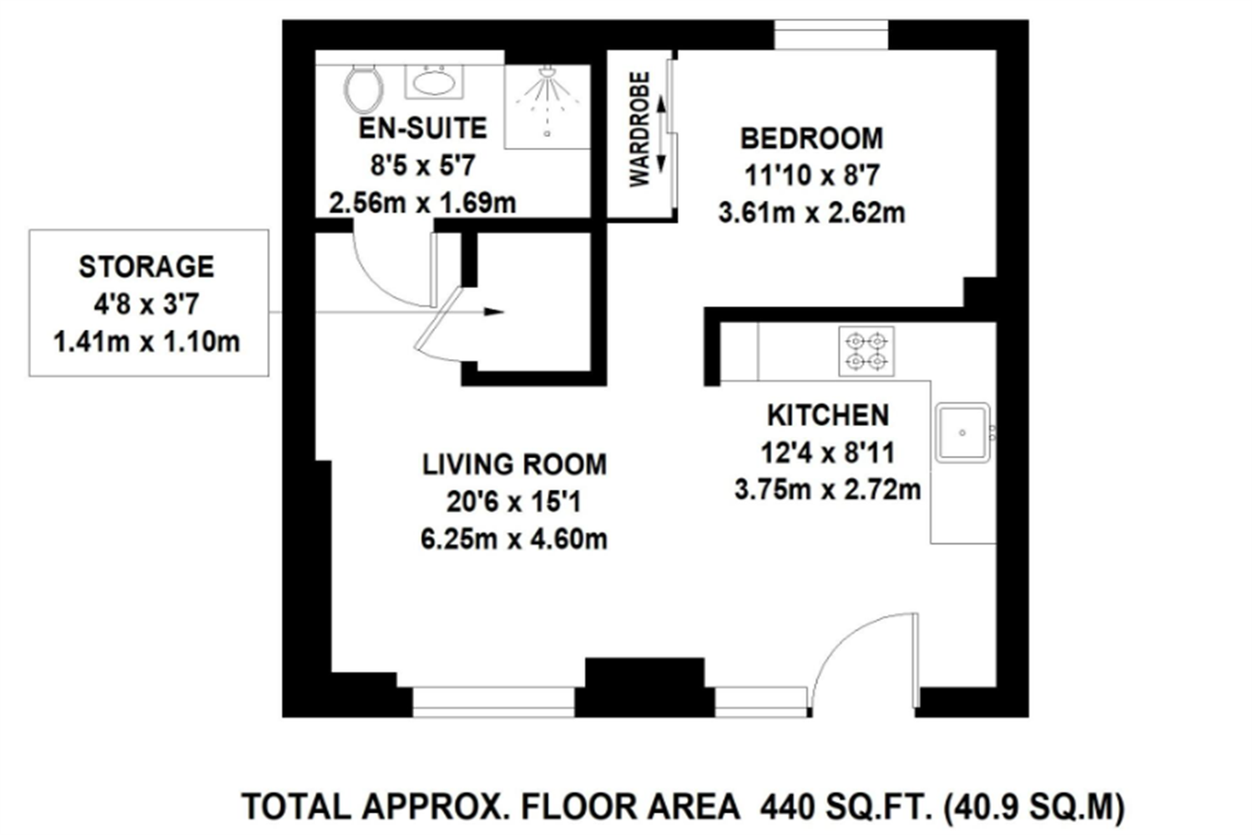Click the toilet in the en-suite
364,89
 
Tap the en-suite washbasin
434,82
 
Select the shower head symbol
548,72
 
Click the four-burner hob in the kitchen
866,352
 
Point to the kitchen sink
963,432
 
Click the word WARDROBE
640,129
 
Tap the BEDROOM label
811,139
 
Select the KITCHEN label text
828,415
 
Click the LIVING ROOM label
514,465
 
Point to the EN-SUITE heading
422,129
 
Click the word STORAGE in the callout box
146,266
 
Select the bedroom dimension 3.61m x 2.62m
811,213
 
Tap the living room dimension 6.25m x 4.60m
514,539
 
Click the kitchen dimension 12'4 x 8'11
828,453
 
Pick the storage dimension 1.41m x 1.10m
146,342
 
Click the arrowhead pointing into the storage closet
495,312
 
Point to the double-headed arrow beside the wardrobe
661,133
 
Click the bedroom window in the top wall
831,35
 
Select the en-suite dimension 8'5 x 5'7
422,166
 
